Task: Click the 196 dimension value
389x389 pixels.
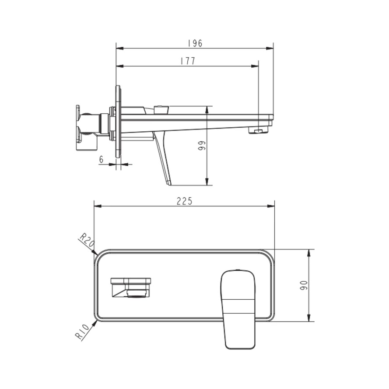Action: click(195, 43)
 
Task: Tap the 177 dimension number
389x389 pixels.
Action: click(188, 61)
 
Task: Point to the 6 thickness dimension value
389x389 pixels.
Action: click(101, 160)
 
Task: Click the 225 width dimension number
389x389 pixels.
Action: click(185, 201)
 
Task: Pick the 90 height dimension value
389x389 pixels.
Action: click(304, 286)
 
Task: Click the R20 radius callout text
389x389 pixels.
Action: click(87, 240)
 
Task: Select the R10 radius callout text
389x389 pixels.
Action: click(82, 333)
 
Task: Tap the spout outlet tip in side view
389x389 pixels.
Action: click(259, 131)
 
